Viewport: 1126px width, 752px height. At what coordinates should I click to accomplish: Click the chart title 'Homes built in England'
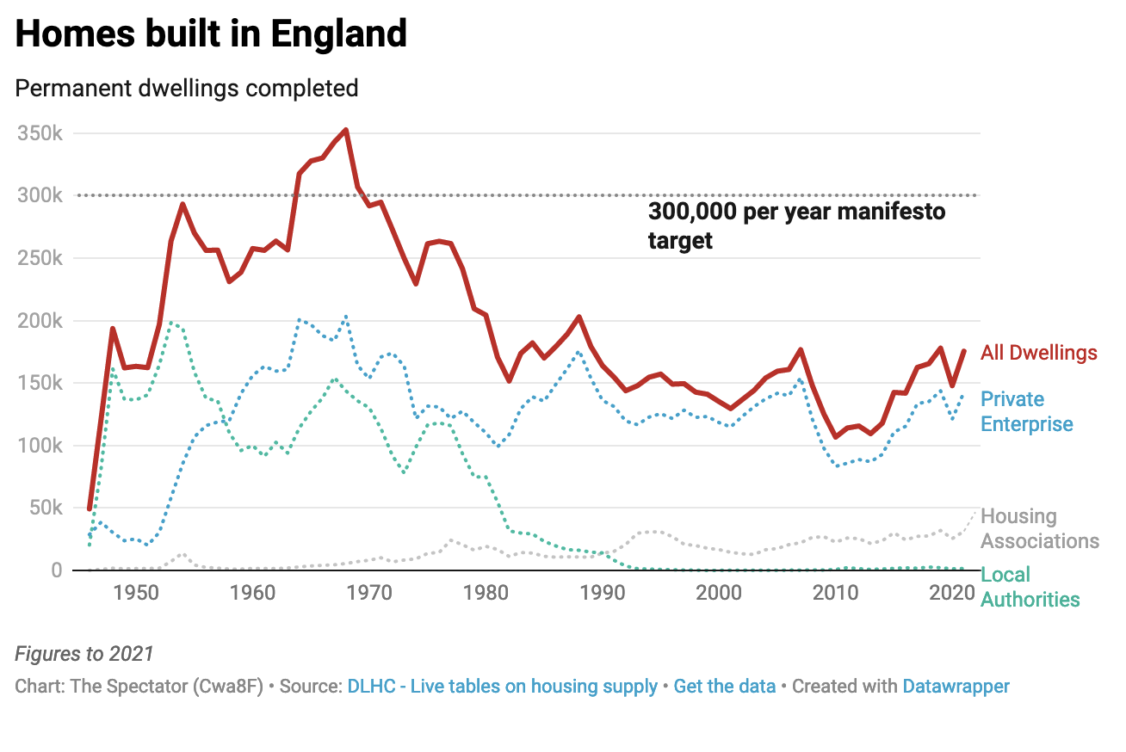point(211,34)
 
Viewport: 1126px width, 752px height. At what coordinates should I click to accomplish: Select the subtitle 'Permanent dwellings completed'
point(187,88)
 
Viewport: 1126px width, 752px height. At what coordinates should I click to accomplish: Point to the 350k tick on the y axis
point(40,134)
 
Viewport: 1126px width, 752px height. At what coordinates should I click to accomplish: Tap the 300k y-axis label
point(40,196)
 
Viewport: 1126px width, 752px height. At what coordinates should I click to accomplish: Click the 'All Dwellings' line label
point(1039,353)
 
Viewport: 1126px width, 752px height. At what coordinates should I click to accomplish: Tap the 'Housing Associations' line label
point(1040,528)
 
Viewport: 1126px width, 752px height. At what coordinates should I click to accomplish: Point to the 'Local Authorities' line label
point(1030,587)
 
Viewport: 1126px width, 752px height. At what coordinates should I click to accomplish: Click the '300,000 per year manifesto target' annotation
point(796,225)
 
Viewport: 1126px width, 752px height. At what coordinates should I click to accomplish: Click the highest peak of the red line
point(345,130)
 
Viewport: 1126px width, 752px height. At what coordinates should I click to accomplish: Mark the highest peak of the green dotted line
point(171,323)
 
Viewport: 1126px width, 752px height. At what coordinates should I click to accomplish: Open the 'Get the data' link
point(724,687)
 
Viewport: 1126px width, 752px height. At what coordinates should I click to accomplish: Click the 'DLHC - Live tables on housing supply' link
point(502,687)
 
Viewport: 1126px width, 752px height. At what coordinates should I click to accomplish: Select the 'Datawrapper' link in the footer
point(956,687)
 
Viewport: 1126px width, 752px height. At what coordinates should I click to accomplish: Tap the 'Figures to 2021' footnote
point(84,654)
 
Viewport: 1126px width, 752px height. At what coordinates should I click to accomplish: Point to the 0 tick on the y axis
point(56,570)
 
